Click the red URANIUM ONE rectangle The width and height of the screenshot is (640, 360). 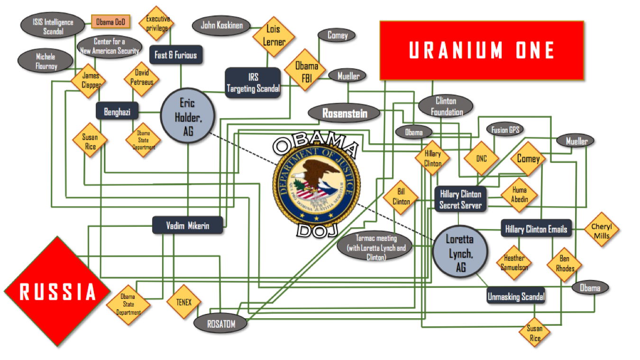click(x=482, y=50)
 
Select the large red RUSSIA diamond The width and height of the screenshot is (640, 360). click(x=57, y=291)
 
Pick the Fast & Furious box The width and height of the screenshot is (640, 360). click(x=175, y=55)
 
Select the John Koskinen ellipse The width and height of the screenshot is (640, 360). click(x=222, y=26)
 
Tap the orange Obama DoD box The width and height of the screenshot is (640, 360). click(x=111, y=22)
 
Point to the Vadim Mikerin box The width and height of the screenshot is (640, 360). click(x=188, y=225)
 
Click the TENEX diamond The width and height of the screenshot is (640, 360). click(x=184, y=302)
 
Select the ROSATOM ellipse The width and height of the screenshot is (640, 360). click(x=221, y=323)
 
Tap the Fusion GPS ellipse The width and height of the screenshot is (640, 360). click(x=506, y=129)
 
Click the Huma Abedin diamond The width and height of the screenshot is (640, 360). click(x=519, y=195)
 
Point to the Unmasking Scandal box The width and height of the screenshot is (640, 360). click(x=516, y=297)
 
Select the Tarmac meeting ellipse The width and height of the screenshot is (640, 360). click(x=375, y=247)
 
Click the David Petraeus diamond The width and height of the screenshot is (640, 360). click(x=141, y=78)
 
